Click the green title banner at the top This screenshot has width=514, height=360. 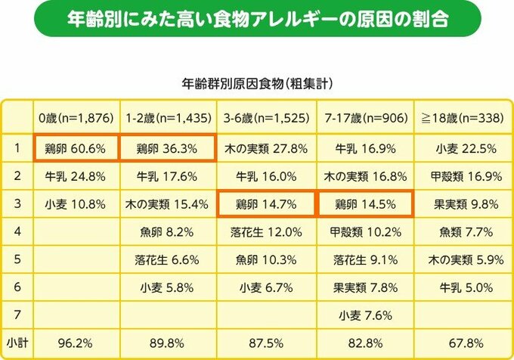[256, 19]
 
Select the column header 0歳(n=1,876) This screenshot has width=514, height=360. [76, 119]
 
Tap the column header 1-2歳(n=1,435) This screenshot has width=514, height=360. [169, 119]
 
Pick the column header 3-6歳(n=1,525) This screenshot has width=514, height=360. [267, 119]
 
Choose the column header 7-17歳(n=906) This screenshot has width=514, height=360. [364, 119]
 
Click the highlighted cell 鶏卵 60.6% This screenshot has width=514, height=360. [76, 148]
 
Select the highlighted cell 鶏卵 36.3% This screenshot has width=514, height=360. [169, 148]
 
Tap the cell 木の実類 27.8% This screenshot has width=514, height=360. [267, 148]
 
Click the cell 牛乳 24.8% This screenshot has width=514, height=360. [76, 176]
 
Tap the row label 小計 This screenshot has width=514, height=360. [17, 342]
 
